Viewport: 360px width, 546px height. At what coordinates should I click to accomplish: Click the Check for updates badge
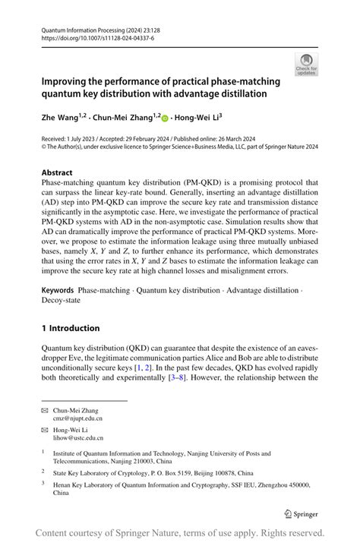coord(306,65)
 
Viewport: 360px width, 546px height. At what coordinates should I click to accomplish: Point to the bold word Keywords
coord(58,291)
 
